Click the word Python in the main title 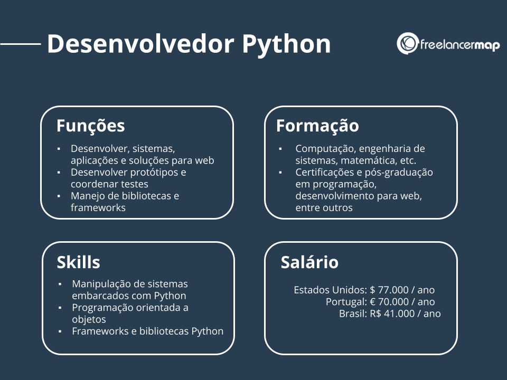click(286, 44)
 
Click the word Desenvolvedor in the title click(140, 44)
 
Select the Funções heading click(90, 126)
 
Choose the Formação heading click(317, 126)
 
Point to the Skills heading click(78, 262)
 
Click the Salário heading click(309, 262)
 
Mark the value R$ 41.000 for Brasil click(395, 313)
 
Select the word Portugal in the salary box click(346, 302)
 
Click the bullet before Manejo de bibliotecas click(59, 196)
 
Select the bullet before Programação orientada click(60, 308)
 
